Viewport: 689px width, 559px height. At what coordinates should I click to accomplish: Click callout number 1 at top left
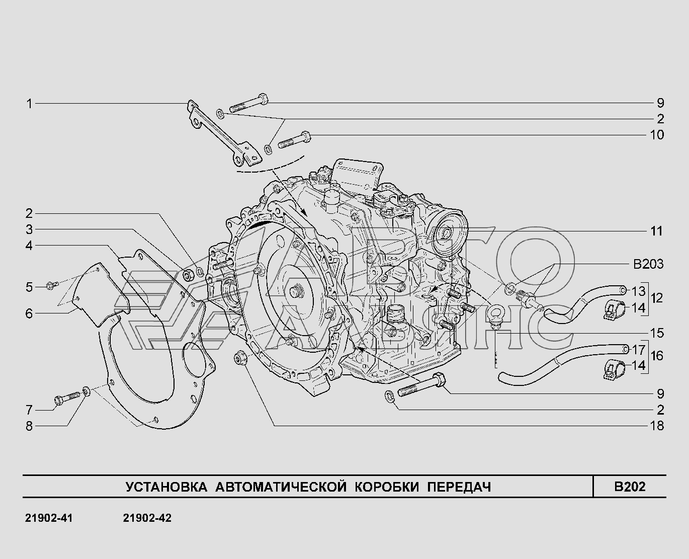coord(30,104)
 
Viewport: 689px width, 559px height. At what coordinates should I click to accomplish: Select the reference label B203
coord(648,265)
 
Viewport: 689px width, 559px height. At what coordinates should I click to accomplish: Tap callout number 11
coord(656,231)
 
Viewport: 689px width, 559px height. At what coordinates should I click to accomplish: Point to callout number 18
coord(657,426)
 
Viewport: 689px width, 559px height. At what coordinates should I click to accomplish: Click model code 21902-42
coord(147,518)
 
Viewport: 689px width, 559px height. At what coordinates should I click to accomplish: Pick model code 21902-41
coord(49,518)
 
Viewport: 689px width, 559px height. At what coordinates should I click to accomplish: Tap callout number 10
coord(657,135)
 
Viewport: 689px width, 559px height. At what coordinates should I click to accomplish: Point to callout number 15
coord(657,333)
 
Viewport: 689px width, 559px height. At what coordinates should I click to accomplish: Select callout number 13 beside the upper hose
coord(639,291)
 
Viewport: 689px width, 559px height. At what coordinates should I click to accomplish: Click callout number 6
coord(29,313)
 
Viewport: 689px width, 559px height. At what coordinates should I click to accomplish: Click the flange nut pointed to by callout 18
coord(240,358)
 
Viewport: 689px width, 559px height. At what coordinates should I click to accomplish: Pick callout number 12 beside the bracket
coord(657,298)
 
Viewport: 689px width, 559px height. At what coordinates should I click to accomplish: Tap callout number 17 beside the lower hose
coord(639,350)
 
